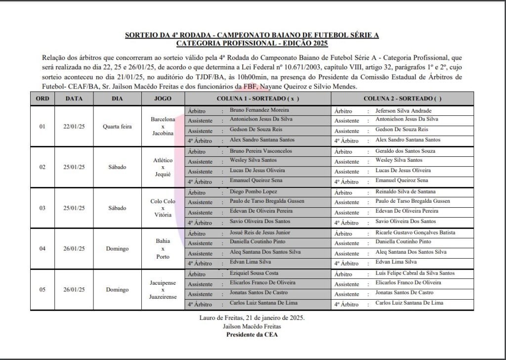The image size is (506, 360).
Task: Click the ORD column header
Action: pos(42,98)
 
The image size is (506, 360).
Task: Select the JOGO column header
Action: pos(163,98)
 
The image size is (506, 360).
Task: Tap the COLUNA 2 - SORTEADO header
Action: pos(402,98)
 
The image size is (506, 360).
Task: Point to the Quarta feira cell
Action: pos(117,126)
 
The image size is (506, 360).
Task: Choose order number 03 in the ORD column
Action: pos(42,208)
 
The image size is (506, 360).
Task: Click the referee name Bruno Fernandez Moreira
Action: pos(259,110)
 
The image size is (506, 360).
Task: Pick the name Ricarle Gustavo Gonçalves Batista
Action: pos(416,232)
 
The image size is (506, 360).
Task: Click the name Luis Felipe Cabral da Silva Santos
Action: pos(415,273)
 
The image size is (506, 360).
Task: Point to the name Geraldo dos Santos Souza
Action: pos(406,151)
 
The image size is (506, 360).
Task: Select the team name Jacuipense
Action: pos(163,281)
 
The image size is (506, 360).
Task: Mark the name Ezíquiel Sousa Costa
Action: pos(254,273)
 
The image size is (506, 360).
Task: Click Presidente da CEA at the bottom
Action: pos(252,334)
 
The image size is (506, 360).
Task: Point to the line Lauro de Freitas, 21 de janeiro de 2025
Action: pos(252,318)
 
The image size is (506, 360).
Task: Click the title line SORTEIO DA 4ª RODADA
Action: pos(252,35)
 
